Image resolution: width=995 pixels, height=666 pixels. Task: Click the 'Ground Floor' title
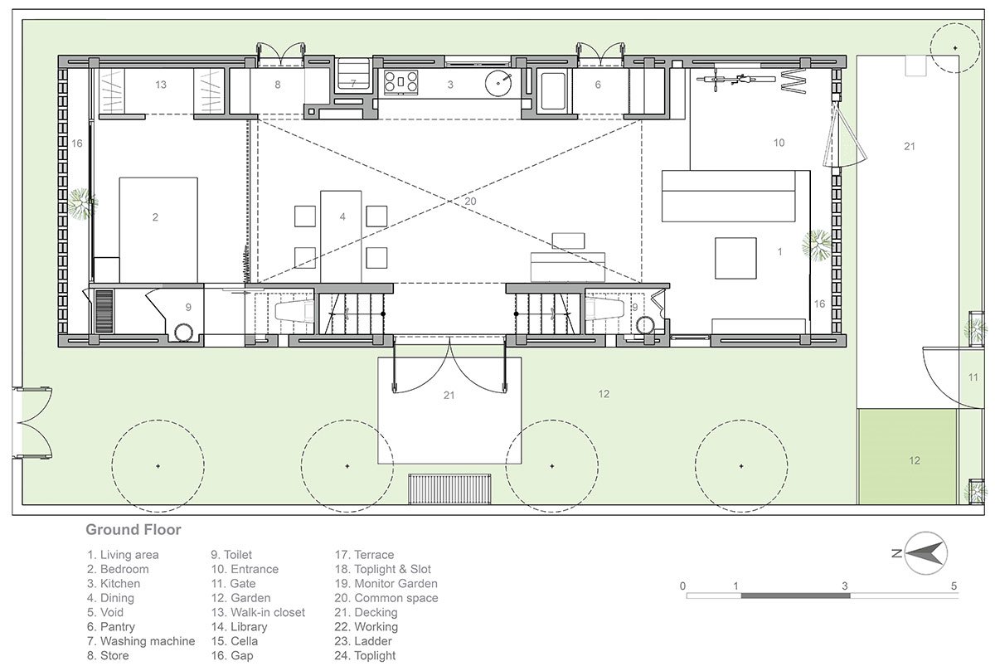133,530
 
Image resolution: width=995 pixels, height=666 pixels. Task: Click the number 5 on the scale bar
954,586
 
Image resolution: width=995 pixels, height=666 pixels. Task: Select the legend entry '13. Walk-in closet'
258,612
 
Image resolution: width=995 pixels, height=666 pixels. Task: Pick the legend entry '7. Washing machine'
141,641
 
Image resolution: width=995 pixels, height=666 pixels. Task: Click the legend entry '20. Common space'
386,598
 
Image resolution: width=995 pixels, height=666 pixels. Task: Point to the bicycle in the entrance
736,80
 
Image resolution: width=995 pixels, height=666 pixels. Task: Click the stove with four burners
400,82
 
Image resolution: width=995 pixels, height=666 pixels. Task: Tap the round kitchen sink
498,84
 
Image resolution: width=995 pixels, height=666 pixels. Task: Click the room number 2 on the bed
155,217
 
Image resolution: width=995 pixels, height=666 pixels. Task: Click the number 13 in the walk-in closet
161,85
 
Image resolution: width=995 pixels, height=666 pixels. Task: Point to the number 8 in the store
278,85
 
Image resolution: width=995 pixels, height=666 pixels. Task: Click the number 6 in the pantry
598,85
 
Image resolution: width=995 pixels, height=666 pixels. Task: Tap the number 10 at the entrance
779,143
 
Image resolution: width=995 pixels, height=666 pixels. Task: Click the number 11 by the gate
973,377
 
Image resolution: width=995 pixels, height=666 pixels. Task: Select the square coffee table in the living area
735,258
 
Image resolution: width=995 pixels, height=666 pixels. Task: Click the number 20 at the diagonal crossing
470,202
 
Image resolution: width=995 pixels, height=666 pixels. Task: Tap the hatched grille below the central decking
449,489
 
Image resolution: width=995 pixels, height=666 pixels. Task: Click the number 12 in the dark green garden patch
914,461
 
